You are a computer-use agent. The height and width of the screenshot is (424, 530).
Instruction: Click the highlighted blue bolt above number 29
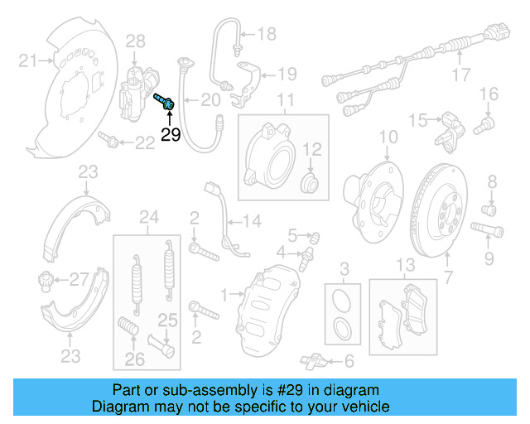point(165,103)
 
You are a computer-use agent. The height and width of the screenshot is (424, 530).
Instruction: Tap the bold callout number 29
point(171,136)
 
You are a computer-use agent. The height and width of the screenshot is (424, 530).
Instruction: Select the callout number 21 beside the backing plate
point(29,60)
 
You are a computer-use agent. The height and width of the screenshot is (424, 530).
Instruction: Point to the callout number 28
point(135,40)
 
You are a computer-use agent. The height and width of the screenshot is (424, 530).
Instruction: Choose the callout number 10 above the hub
point(388,137)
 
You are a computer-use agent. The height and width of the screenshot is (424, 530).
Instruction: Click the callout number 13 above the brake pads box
point(404,265)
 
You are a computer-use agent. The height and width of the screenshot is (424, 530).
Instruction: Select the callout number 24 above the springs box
point(148,218)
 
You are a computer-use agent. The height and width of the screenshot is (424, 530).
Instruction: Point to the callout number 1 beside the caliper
point(224,293)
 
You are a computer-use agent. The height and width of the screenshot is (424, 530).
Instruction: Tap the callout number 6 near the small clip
point(348,360)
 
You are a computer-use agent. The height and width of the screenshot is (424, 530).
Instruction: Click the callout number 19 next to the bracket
point(286,74)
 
